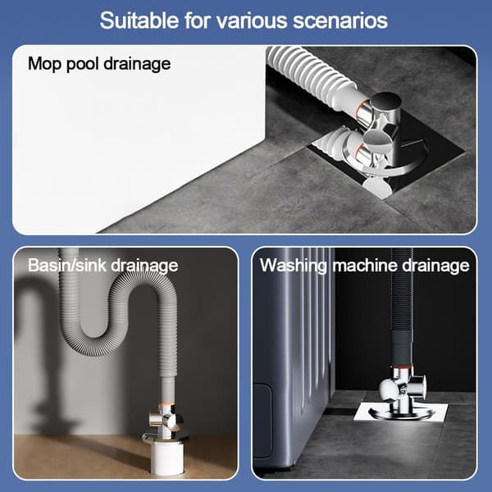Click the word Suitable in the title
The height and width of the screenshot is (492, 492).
point(139,20)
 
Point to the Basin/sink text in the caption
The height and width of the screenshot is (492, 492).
point(67,266)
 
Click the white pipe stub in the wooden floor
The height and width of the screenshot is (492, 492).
point(166,458)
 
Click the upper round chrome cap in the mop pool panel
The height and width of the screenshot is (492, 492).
point(386,101)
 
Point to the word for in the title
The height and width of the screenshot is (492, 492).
point(198,20)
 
